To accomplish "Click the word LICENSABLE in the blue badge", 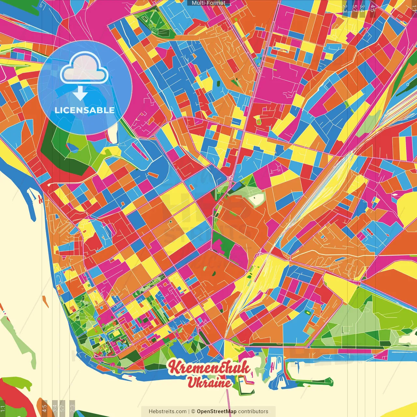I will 85,110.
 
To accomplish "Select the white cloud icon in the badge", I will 84,69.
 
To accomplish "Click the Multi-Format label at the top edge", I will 208,3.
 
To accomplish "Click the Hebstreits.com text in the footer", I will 167,411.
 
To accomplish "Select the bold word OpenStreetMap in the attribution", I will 216,411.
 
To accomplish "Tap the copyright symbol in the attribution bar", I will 193,411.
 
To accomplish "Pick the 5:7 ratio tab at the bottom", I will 63,408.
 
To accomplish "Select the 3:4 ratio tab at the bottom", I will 55,408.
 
